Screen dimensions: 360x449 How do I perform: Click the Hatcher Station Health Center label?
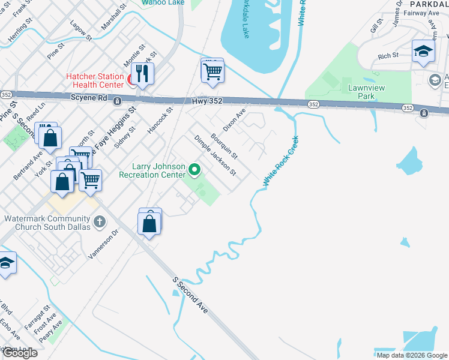pyautogui.click(x=95, y=81)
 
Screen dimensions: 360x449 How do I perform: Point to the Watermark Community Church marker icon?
pyautogui.click(x=100, y=223)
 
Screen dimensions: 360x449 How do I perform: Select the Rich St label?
pyautogui.click(x=388, y=56)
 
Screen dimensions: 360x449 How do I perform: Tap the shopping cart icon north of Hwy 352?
pyautogui.click(x=213, y=72)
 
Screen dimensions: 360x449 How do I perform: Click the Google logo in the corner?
pyautogui.click(x=19, y=352)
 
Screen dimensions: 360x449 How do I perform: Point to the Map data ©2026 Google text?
pyautogui.click(x=412, y=355)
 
